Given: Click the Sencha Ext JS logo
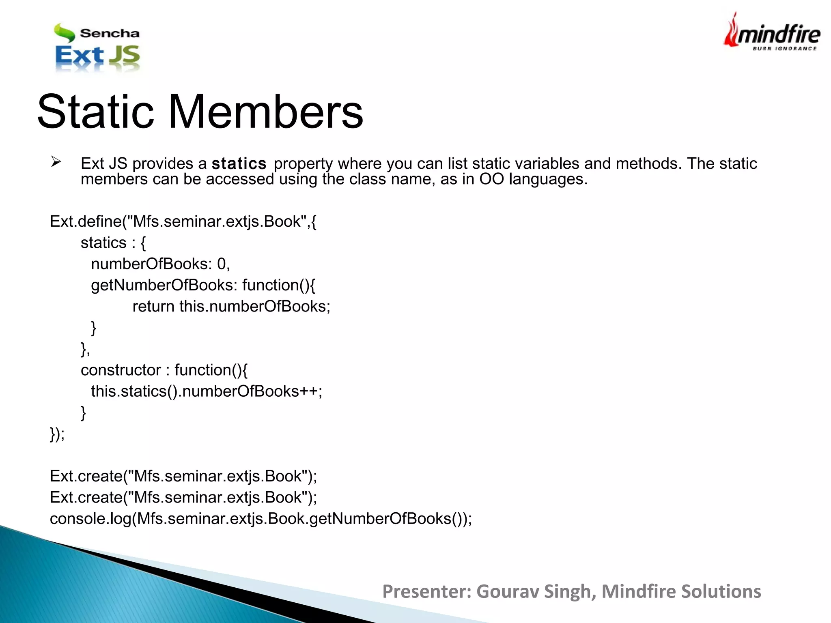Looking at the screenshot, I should [x=97, y=48].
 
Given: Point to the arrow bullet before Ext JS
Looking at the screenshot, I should [x=56, y=162].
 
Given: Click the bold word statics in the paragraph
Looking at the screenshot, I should [x=239, y=163].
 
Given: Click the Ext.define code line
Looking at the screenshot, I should [x=183, y=221].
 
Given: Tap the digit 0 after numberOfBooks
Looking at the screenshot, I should [x=222, y=264].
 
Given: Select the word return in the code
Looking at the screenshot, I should [x=153, y=306].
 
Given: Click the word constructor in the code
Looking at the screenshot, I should [x=121, y=370].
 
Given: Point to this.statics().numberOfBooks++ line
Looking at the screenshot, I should [x=207, y=391].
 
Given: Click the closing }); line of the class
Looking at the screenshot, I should [x=57, y=434].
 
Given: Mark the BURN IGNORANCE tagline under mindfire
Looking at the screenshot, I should [x=784, y=49].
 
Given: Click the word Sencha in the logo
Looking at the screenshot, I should [x=110, y=33].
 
